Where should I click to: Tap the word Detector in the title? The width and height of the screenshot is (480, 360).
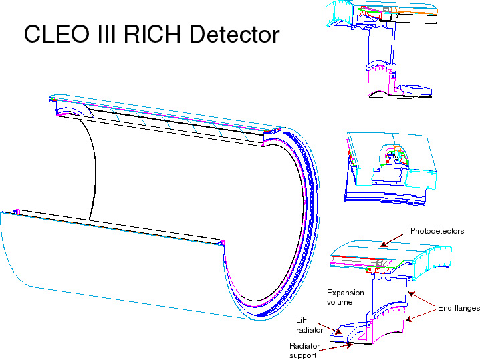[234, 33]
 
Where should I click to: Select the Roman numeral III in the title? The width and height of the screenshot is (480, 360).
[106, 33]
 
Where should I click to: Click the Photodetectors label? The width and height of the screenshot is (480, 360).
[437, 231]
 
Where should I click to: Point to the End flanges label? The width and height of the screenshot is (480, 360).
[459, 308]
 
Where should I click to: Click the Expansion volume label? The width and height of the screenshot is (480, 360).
[346, 297]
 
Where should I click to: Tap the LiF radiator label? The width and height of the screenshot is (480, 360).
[309, 325]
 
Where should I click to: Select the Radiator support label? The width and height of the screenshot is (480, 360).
[304, 351]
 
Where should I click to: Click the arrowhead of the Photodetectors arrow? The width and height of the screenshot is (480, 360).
[383, 244]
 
